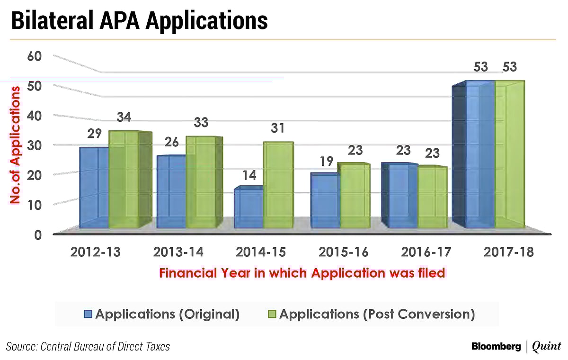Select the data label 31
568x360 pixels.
[278, 128]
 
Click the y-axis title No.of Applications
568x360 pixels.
[15, 144]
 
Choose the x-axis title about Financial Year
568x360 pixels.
[302, 273]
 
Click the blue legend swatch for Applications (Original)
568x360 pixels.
[89, 314]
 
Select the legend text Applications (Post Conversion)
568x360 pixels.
[377, 314]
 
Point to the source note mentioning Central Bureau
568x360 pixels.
[88, 346]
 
